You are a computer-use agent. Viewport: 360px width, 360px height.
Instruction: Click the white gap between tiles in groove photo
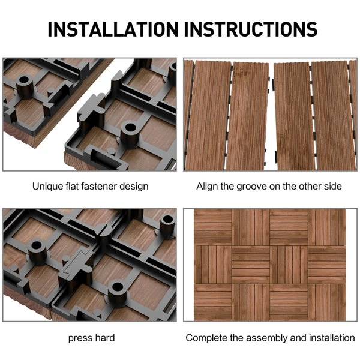[270, 114]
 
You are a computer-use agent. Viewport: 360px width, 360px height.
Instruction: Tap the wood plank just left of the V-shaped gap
[248, 114]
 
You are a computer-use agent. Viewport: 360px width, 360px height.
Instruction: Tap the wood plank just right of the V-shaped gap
[292, 114]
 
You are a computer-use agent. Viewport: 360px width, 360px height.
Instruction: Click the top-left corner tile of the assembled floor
[213, 226]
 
